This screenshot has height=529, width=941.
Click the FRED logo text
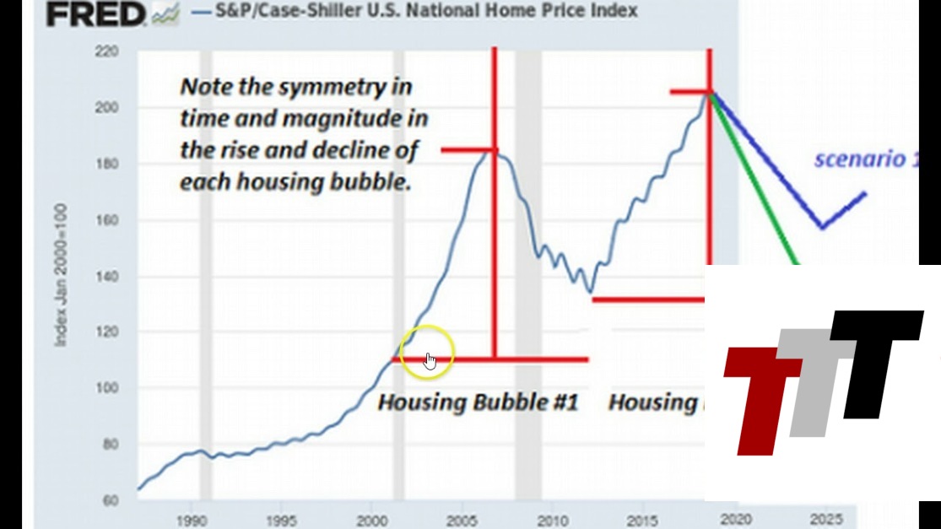95,13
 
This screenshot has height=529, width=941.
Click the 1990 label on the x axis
192,520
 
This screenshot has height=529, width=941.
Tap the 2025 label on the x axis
824,520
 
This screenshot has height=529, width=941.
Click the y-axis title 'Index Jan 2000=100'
61,275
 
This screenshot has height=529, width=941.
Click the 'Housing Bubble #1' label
478,402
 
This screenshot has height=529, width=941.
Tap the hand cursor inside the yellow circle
430,361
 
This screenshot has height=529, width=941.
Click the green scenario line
764,202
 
